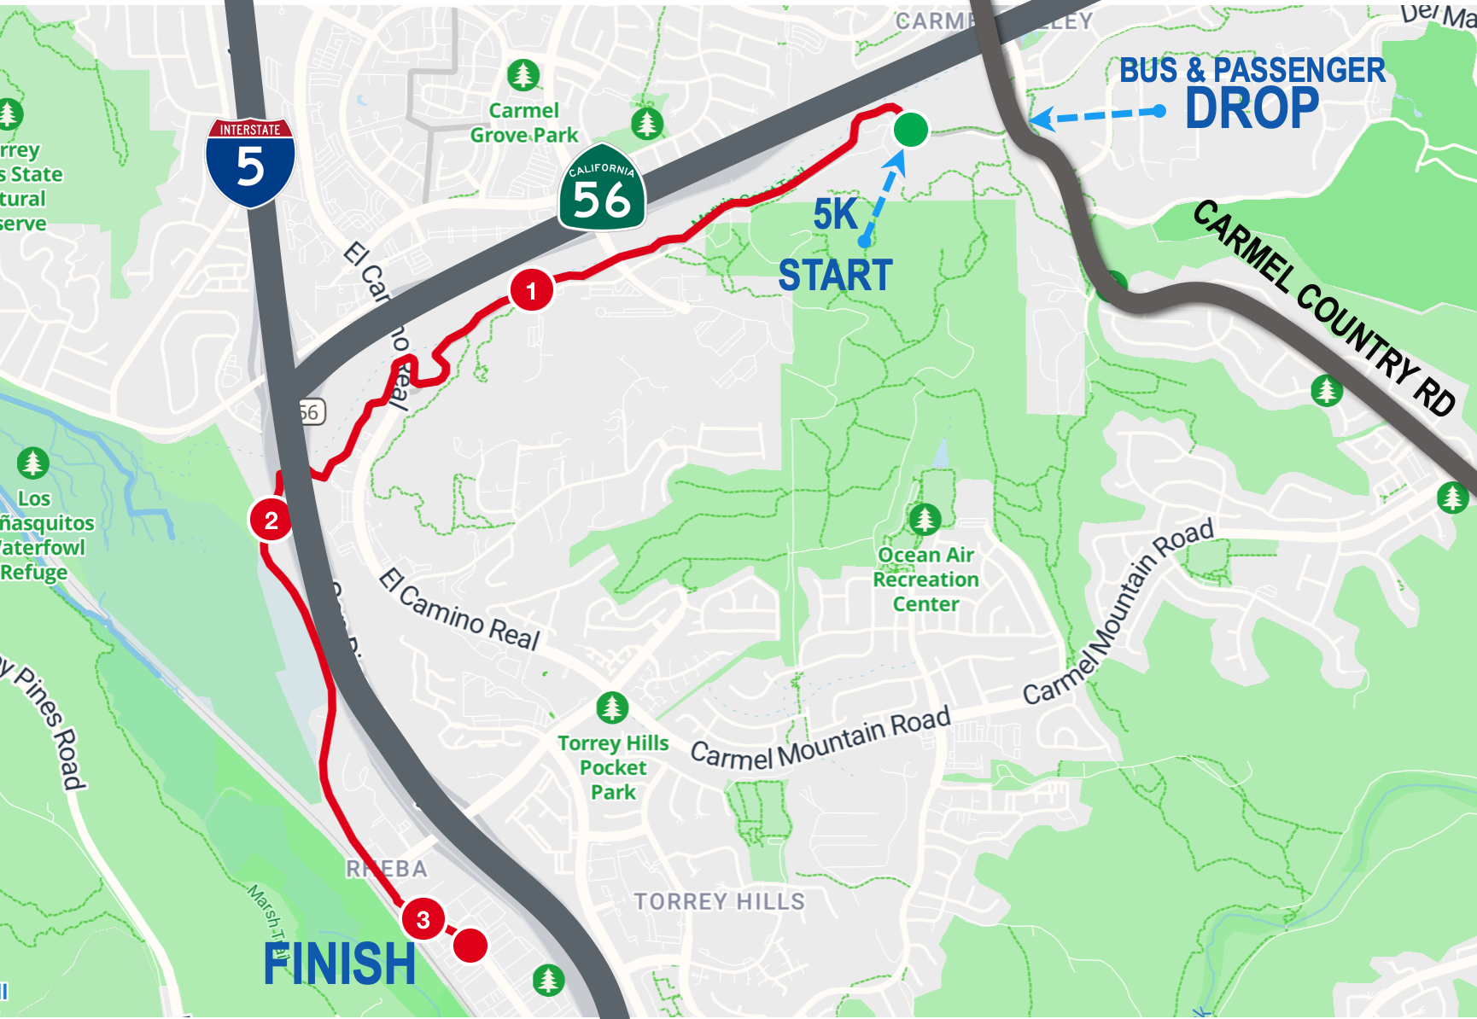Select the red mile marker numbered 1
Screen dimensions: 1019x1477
coord(531,291)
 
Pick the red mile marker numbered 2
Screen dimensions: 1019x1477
coord(271,520)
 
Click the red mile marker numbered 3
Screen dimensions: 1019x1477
coord(423,919)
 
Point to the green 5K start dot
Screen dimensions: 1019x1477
coord(911,130)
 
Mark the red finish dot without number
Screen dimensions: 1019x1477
coord(470,945)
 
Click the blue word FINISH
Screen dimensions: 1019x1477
coord(339,964)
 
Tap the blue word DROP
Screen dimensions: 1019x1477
coord(1252,108)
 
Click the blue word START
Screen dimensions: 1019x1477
coord(835,276)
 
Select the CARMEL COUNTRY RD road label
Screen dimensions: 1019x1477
coord(1323,307)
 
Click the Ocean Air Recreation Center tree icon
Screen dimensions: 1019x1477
coord(925,518)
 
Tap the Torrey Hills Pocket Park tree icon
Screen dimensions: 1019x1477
coord(611,707)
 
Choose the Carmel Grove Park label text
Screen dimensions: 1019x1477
coord(523,123)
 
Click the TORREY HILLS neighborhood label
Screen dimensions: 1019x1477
coord(719,901)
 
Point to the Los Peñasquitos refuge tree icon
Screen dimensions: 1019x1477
coord(32,463)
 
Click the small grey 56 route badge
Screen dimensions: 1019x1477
coord(311,413)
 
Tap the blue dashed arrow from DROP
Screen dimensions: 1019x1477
coord(1097,114)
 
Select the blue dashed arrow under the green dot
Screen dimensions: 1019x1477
coord(884,196)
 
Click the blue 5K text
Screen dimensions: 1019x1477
coord(835,214)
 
